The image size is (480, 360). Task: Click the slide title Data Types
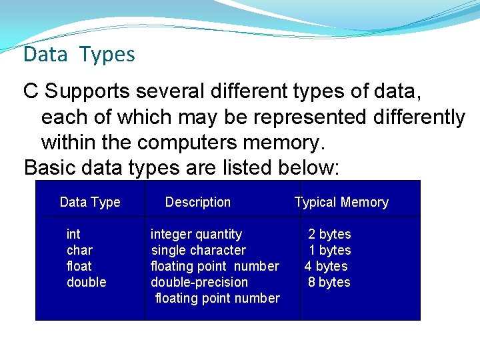79,55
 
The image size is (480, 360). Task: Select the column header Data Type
90,202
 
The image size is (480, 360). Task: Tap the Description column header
197,202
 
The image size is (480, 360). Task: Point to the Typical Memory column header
341,202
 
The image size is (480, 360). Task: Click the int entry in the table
73,234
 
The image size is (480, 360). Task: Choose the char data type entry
79,250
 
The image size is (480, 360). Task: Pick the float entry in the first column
79,266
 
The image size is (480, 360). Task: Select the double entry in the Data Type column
86,282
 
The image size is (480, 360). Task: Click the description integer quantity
196,234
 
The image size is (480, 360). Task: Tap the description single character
198,250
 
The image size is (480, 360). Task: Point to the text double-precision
199,282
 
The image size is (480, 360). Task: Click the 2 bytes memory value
329,234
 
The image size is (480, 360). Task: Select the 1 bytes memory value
329,250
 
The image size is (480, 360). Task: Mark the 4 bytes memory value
326,266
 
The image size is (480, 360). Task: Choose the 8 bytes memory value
329,282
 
